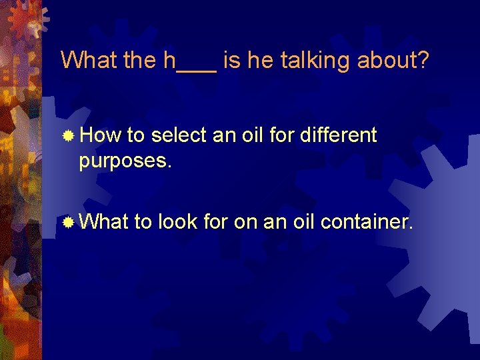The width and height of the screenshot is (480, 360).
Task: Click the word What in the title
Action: pyautogui.click(x=89, y=61)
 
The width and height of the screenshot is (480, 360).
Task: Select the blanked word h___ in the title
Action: pyautogui.click(x=190, y=61)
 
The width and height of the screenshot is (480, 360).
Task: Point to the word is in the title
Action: pyautogui.click(x=232, y=61)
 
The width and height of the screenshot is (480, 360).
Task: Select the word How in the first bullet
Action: pyautogui.click(x=99, y=136)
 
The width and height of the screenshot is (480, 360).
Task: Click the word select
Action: pyautogui.click(x=179, y=136)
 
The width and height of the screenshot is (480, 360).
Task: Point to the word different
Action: pyautogui.click(x=339, y=136)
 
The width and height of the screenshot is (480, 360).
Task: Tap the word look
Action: pyautogui.click(x=177, y=221)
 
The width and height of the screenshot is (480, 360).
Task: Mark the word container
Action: pyautogui.click(x=366, y=221)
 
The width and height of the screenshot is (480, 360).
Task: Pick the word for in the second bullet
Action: pyautogui.click(x=215, y=221)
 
